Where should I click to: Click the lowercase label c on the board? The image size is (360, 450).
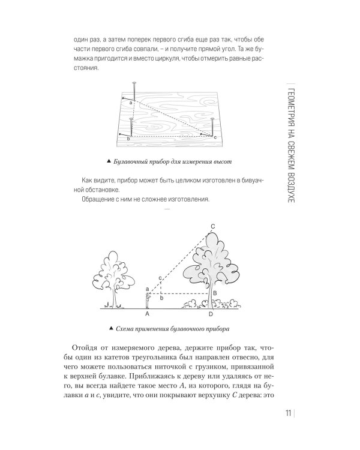click(x=215, y=138)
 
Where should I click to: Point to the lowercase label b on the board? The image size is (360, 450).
click(x=128, y=139)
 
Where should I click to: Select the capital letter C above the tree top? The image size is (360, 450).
click(x=212, y=226)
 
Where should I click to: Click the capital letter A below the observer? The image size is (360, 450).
click(x=147, y=313)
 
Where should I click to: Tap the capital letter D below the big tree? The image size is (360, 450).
click(x=210, y=313)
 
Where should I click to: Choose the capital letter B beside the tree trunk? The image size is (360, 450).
click(x=214, y=292)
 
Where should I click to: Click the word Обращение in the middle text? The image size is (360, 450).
click(x=99, y=200)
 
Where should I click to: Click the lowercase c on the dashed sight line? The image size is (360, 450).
click(x=160, y=277)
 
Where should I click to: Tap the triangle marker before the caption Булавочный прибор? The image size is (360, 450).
click(x=108, y=162)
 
